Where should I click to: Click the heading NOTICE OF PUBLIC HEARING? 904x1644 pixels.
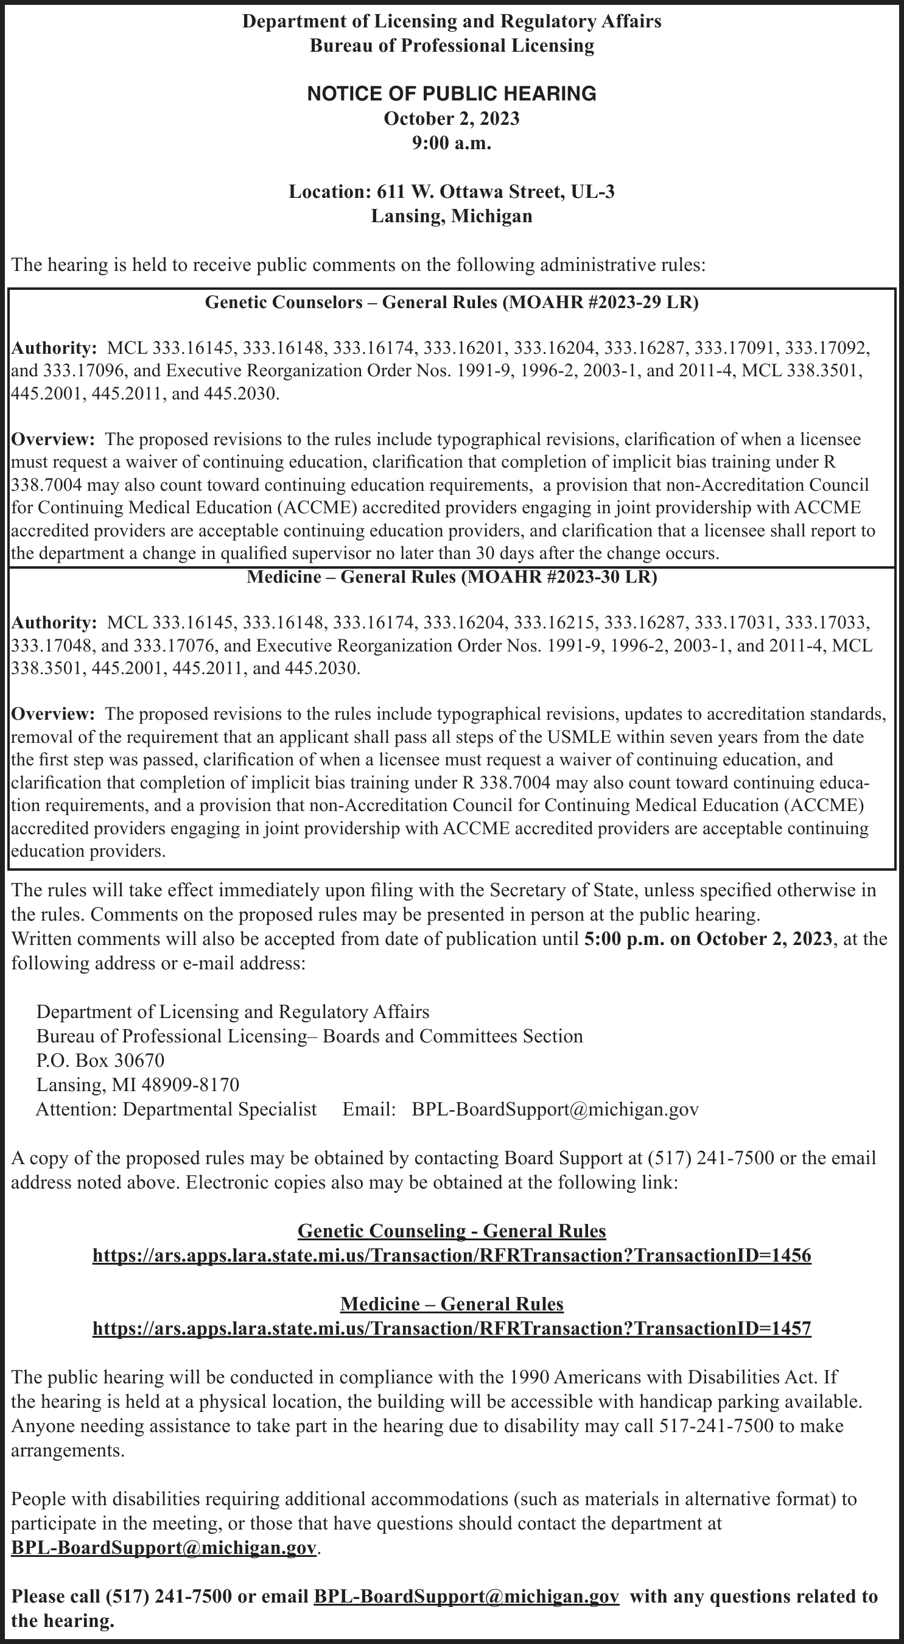click(452, 94)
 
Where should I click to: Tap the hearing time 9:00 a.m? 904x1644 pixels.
click(452, 143)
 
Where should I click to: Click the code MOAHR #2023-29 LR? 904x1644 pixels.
click(600, 302)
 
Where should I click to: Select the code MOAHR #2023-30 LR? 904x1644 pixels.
click(558, 577)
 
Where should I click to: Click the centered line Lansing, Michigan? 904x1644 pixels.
click(452, 216)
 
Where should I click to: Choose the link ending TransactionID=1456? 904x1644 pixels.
click(452, 1256)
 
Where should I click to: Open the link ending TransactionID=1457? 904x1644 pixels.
click(452, 1328)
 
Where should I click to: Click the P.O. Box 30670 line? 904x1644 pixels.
click(100, 1060)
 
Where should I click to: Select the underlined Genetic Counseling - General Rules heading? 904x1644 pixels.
click(452, 1231)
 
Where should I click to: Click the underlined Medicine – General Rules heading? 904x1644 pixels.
click(452, 1303)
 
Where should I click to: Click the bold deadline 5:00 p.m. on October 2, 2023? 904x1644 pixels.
click(708, 939)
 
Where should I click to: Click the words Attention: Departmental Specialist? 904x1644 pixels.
click(176, 1109)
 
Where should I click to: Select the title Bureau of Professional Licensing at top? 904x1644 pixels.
click(452, 46)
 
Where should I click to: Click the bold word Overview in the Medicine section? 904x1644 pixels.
click(52, 714)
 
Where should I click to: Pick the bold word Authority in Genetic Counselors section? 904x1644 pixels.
click(54, 348)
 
